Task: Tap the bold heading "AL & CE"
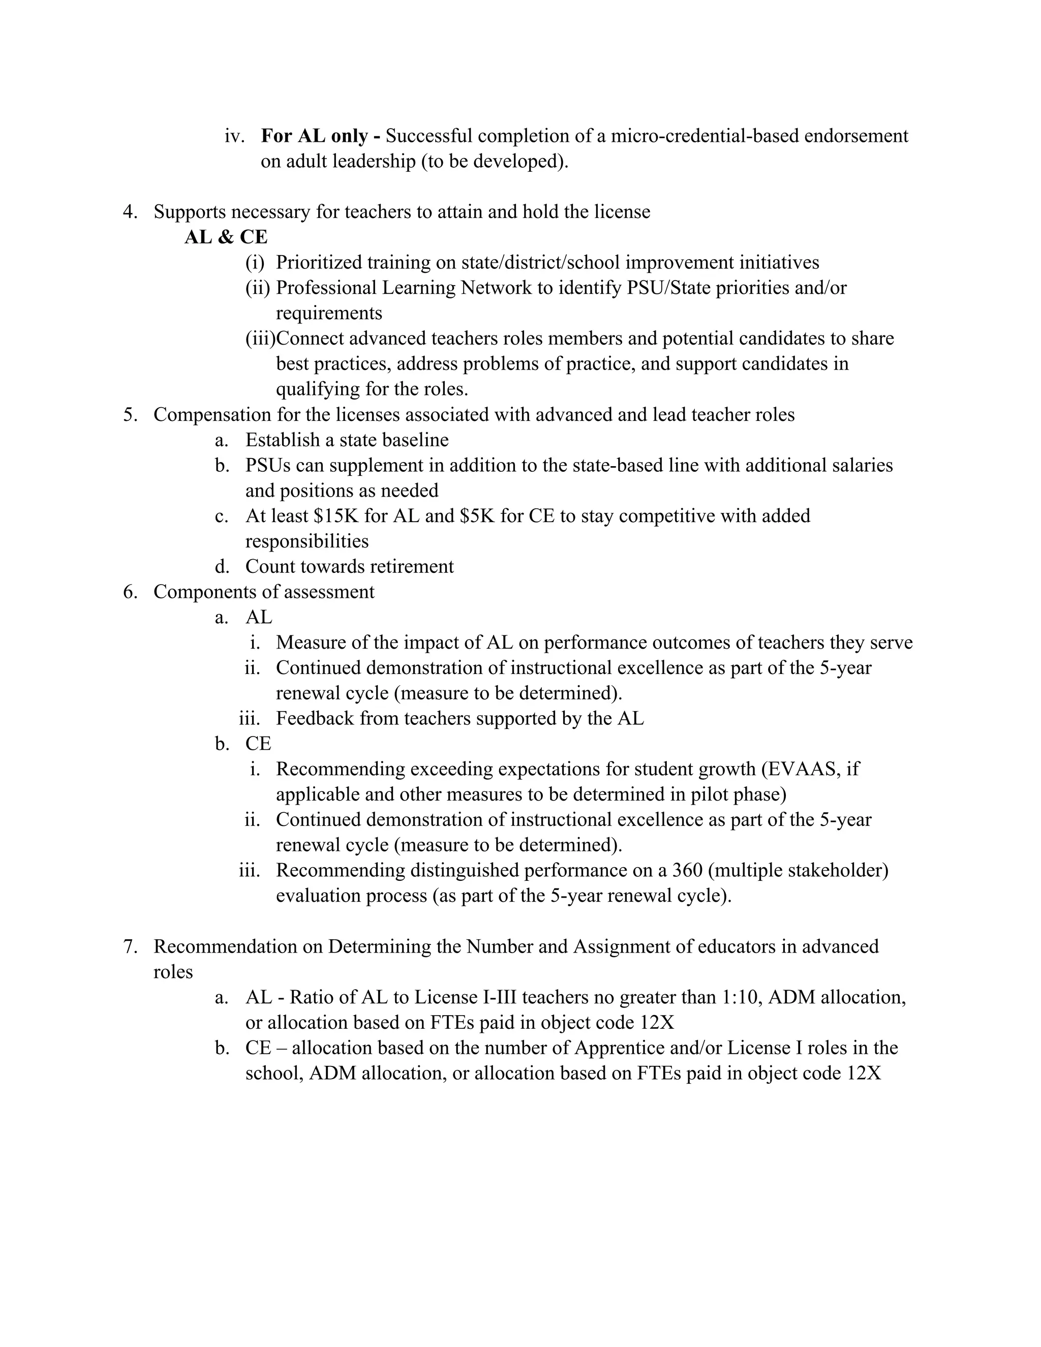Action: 226,237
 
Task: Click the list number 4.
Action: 130,211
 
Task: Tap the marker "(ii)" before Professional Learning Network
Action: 258,287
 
